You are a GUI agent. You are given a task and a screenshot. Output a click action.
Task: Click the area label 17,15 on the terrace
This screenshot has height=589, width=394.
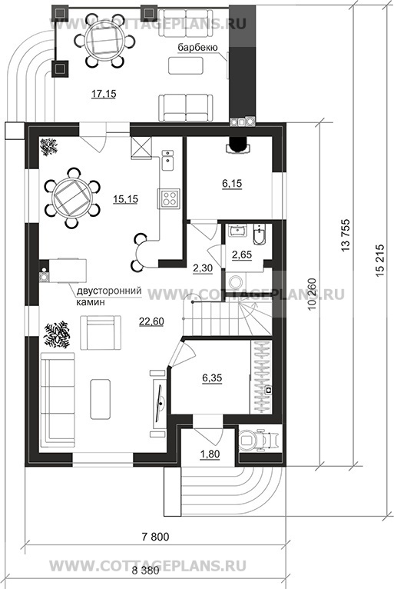(x=104, y=94)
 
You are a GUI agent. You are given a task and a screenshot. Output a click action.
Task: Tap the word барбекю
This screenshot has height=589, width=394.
(x=197, y=48)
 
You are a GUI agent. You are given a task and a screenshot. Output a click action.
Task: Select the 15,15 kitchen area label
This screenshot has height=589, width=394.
(x=126, y=199)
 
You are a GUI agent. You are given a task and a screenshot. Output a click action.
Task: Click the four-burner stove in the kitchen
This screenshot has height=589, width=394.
(x=168, y=198)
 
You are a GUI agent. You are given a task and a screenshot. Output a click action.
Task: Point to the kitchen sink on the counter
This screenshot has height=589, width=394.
(x=167, y=160)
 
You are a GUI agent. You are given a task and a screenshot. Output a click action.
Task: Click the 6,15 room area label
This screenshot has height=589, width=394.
(x=232, y=184)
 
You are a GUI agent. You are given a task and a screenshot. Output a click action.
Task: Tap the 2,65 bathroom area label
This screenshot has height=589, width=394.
(x=242, y=255)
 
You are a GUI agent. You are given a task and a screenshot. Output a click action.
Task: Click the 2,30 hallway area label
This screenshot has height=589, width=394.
(x=203, y=268)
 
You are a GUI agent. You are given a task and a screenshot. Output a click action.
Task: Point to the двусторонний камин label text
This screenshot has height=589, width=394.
(x=109, y=296)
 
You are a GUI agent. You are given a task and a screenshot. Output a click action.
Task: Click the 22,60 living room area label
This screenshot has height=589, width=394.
(x=151, y=321)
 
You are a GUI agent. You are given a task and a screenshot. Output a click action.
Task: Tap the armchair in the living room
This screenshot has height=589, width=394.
(x=101, y=332)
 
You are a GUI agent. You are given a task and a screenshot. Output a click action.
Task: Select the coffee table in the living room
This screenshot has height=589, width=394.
(x=101, y=399)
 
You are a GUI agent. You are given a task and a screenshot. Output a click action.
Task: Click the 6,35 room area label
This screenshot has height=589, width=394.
(x=212, y=378)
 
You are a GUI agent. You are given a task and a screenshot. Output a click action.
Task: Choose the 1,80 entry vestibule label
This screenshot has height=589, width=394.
(x=210, y=454)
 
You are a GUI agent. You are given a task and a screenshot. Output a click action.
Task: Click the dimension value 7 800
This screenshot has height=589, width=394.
(x=155, y=537)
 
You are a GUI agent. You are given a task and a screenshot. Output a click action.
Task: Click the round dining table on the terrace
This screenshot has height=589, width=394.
(x=104, y=40)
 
